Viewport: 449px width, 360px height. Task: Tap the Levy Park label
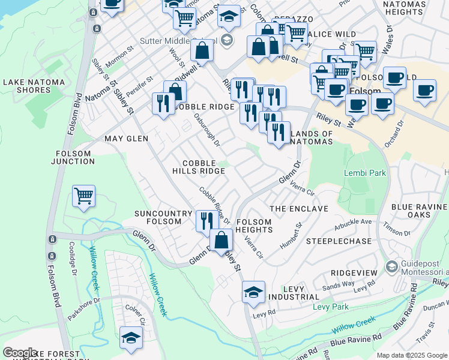pyautogui.click(x=330, y=307)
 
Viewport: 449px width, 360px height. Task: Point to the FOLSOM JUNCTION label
pyautogui.click(x=71, y=157)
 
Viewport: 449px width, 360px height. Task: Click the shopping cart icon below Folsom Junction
pyautogui.click(x=83, y=195)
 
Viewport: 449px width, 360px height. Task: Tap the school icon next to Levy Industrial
pyautogui.click(x=254, y=292)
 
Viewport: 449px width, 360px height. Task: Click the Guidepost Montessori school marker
pyautogui.click(x=392, y=266)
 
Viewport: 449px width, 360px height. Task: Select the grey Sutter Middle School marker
pyautogui.click(x=226, y=41)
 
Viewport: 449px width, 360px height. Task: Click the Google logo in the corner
pyautogui.click(x=20, y=353)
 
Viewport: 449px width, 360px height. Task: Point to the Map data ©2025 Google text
pyautogui.click(x=411, y=355)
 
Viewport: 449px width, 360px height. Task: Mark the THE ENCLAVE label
pyautogui.click(x=299, y=209)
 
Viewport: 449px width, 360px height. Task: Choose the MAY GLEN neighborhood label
pyautogui.click(x=126, y=139)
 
